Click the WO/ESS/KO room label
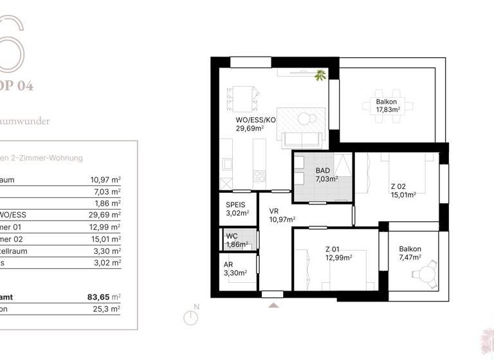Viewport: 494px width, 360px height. click(255, 120)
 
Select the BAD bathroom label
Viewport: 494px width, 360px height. click(322, 170)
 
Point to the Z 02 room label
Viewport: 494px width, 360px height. click(398, 186)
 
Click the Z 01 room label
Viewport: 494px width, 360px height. click(333, 249)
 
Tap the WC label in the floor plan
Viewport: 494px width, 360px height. click(232, 236)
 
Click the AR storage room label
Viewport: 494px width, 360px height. click(228, 264)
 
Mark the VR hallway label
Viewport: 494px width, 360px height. click(273, 211)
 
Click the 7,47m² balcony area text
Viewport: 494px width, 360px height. click(410, 258)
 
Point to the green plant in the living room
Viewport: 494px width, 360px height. click(320, 75)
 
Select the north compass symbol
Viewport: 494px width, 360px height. click(190, 317)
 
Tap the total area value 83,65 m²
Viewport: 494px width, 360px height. click(104, 297)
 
